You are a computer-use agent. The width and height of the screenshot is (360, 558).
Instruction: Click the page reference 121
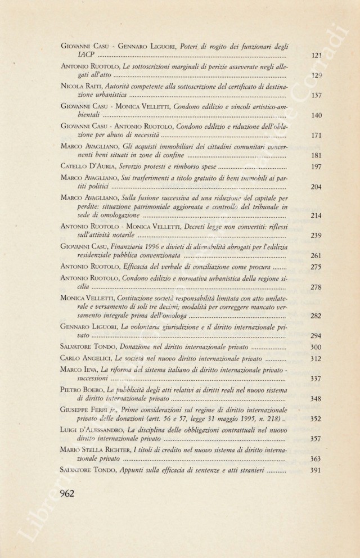(316, 56)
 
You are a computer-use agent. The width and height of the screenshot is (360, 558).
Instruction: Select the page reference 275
(316, 267)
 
